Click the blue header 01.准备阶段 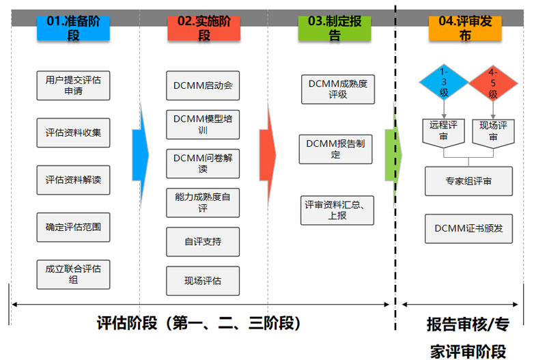(73, 28)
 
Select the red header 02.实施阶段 (203, 28)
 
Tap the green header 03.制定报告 (334, 28)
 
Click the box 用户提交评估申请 (73, 85)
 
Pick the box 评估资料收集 (73, 133)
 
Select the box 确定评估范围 (73, 227)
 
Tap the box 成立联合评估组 (73, 274)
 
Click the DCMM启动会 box (203, 86)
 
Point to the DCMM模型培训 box (203, 124)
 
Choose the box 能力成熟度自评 (203, 203)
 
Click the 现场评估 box (203, 281)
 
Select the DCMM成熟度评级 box (337, 89)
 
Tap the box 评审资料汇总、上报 (337, 210)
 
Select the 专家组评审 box (468, 181)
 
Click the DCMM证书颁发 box (468, 228)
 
